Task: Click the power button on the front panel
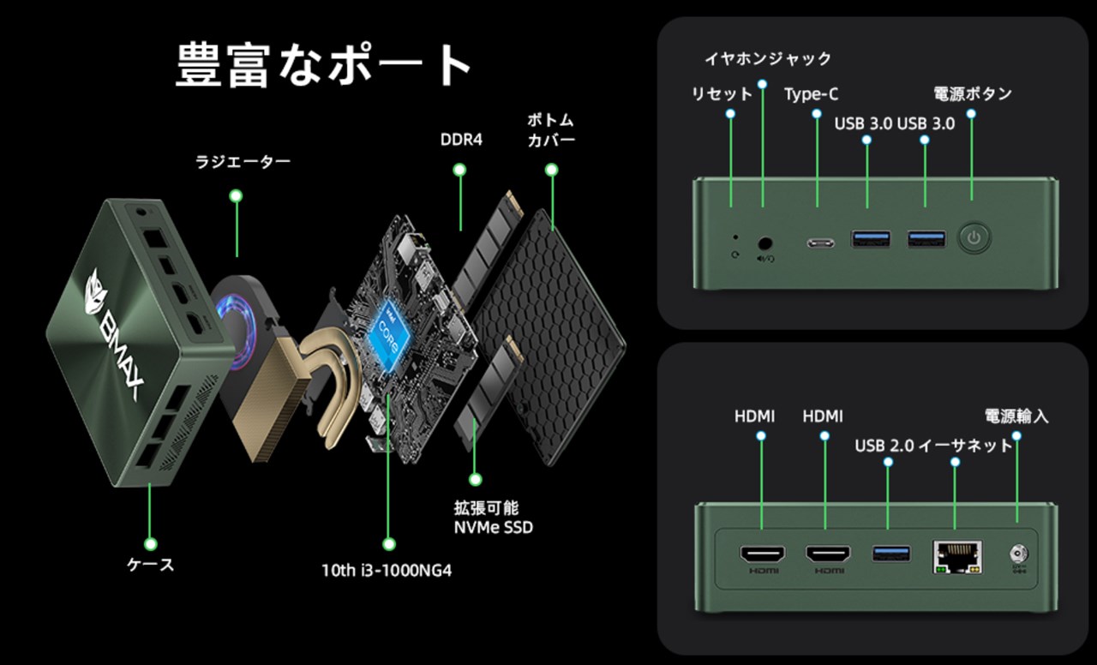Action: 972,238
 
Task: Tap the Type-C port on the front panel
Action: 819,242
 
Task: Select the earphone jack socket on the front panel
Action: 764,243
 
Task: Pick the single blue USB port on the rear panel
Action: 887,554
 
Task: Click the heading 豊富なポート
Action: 324,65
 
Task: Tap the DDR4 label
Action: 460,138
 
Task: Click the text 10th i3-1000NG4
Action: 387,570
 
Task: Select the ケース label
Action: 151,566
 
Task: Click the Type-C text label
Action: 811,94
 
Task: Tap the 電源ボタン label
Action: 973,94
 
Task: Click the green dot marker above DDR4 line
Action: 460,171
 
